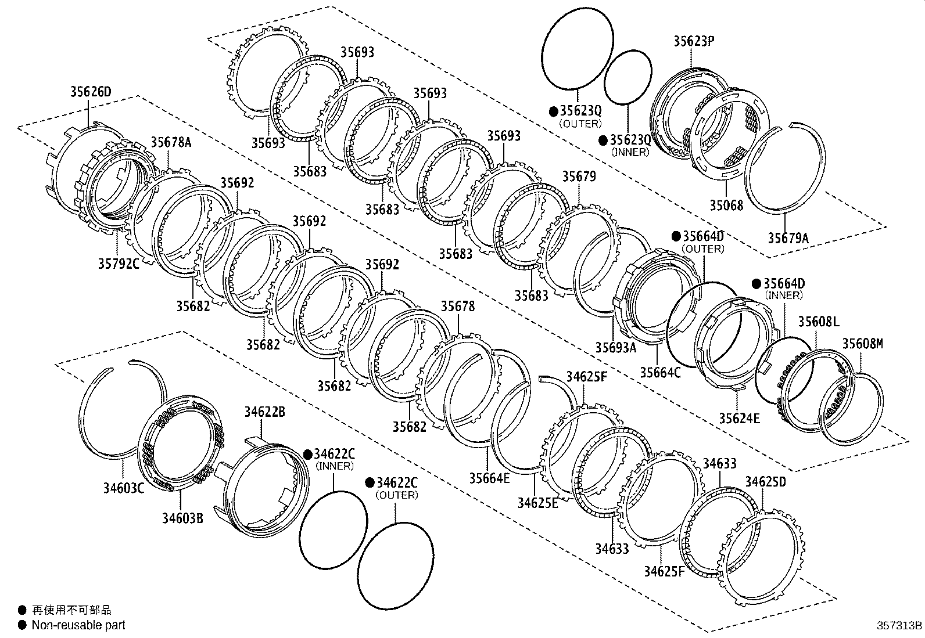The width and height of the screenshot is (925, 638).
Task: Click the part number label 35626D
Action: [90, 91]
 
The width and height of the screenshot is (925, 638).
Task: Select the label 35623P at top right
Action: [694, 41]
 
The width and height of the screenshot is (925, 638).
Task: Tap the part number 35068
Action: [726, 205]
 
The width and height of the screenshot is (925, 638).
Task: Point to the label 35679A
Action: [788, 237]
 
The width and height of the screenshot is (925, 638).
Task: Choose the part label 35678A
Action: [171, 142]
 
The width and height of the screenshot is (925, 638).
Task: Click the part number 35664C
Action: [660, 372]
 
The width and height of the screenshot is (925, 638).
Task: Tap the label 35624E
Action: [739, 418]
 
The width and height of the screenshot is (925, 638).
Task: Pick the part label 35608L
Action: [818, 322]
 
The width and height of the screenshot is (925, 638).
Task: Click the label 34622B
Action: [264, 412]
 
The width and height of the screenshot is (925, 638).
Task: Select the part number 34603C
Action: [123, 488]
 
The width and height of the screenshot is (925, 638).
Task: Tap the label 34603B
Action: [182, 518]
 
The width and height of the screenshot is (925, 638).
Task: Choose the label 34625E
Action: [537, 503]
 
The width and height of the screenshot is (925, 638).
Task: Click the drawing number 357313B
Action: [899, 626]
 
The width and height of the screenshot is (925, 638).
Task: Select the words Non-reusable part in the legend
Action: [78, 625]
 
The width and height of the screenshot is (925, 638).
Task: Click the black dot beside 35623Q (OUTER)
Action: [554, 111]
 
